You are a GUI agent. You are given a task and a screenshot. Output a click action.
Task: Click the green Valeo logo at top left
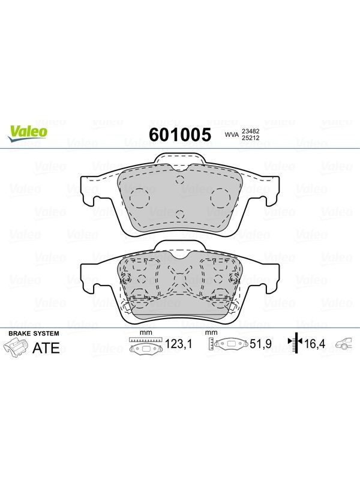28,133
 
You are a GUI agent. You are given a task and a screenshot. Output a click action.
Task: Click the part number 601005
180,134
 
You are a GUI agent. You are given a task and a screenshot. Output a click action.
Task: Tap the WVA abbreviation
232,134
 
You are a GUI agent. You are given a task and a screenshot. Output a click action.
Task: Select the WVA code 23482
251,131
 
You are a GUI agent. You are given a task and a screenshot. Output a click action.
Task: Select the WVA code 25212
251,138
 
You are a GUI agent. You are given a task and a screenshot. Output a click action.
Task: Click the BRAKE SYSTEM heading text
34,334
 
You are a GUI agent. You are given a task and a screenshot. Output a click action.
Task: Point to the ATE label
46,348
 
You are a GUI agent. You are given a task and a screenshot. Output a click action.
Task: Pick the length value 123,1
178,344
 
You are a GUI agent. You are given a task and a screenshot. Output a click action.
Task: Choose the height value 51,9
260,344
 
